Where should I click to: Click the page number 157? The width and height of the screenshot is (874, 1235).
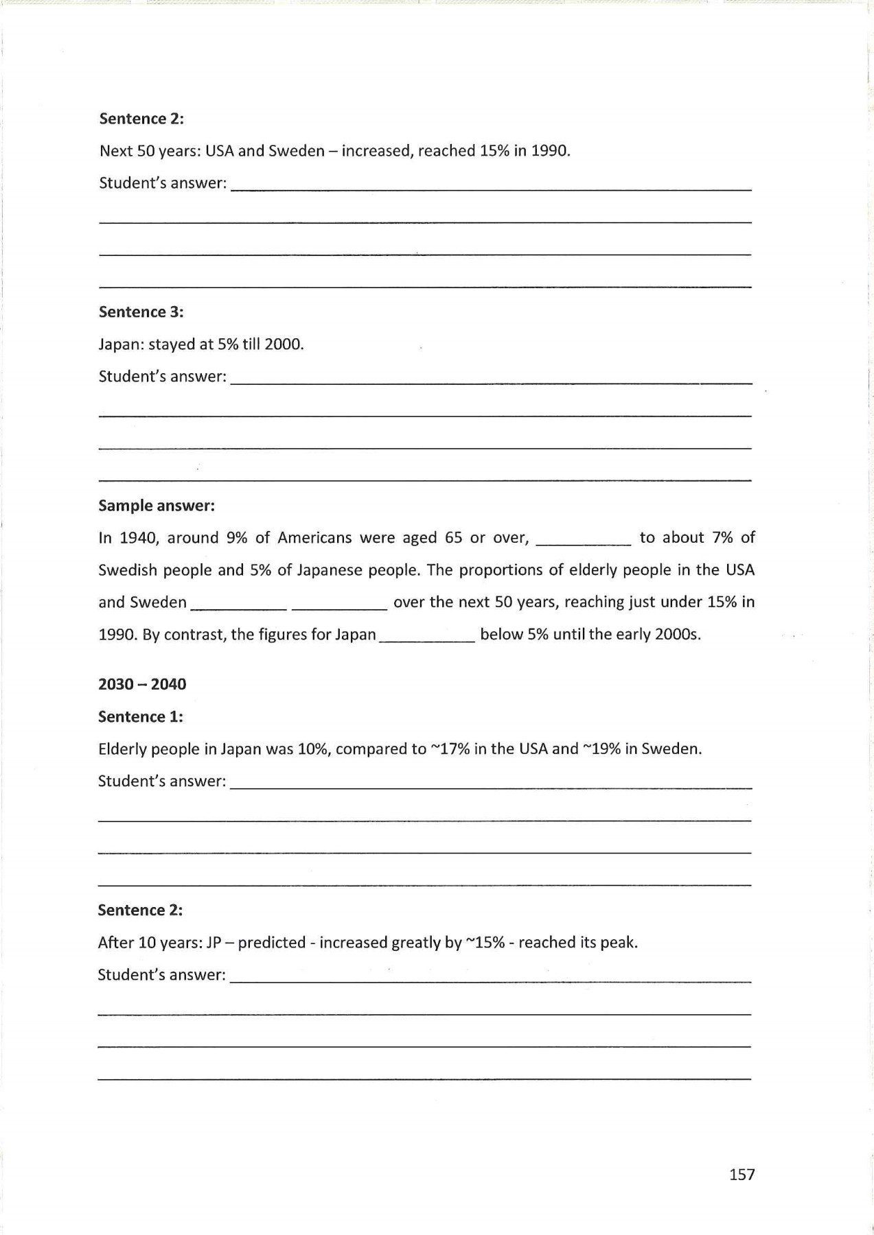[741, 1175]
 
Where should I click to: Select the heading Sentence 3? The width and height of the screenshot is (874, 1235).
[141, 312]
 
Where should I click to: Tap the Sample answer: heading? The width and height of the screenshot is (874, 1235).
[157, 506]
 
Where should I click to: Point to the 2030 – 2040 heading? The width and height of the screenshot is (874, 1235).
[142, 684]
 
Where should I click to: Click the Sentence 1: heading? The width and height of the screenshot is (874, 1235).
[140, 717]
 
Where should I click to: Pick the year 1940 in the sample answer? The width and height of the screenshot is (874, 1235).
[139, 538]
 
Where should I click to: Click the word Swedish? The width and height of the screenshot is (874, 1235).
[127, 570]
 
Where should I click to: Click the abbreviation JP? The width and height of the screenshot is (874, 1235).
[214, 943]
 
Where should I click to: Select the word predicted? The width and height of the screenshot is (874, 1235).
[272, 943]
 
